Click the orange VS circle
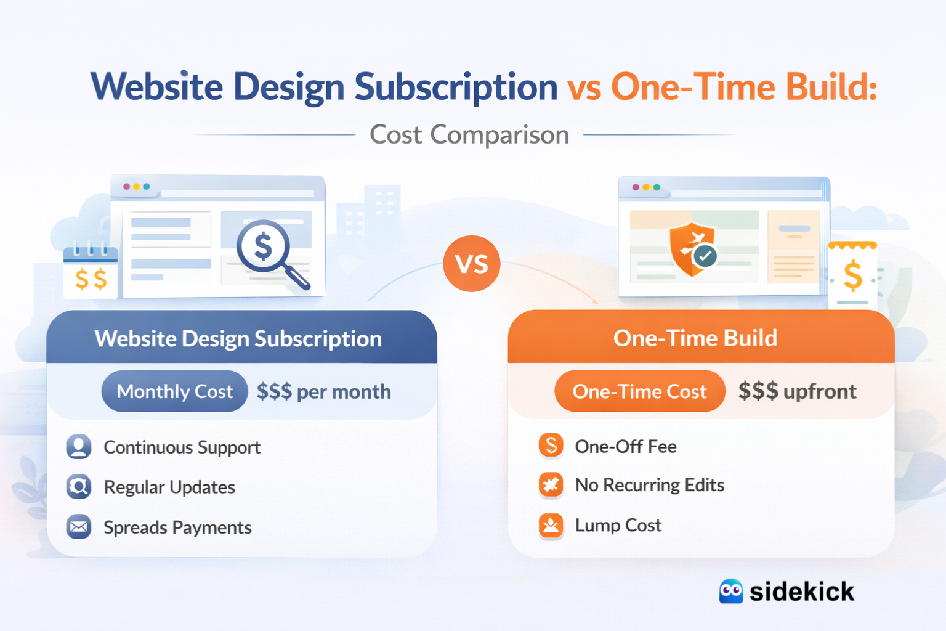point(472,264)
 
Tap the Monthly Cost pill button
point(174,391)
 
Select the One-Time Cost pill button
point(639,391)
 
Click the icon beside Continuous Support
point(79,447)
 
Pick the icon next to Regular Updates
point(79,487)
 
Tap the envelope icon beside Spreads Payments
point(79,527)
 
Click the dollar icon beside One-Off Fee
point(551,445)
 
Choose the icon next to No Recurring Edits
point(551,485)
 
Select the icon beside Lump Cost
point(551,526)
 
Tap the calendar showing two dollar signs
point(91,273)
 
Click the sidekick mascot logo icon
point(731,592)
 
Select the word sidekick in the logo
point(801,592)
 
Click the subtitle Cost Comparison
point(469,135)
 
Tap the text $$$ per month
point(323,392)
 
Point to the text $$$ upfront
point(797,391)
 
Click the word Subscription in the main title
point(456,87)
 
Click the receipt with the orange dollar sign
point(852,274)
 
